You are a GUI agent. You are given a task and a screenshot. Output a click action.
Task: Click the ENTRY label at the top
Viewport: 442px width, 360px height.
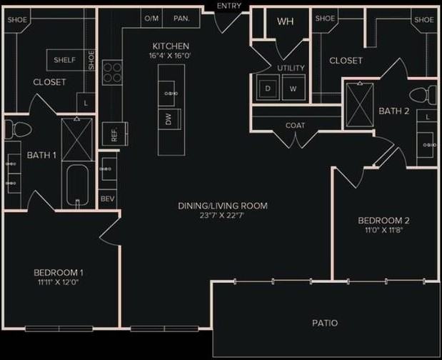tap(228, 6)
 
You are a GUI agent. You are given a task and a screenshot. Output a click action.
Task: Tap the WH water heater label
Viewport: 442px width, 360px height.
tap(286, 21)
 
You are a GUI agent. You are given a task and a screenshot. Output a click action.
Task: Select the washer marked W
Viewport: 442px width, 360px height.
tap(293, 88)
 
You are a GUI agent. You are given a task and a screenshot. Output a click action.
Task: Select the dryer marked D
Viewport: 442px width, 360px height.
tap(268, 88)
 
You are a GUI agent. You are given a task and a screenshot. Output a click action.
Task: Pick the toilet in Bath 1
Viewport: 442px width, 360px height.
tap(18, 130)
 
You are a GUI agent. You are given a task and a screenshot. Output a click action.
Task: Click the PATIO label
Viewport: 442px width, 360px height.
tap(325, 324)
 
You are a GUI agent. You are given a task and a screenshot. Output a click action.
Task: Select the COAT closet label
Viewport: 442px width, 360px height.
tap(295, 126)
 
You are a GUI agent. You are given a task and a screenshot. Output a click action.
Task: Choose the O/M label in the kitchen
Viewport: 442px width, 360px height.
tap(151, 18)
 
